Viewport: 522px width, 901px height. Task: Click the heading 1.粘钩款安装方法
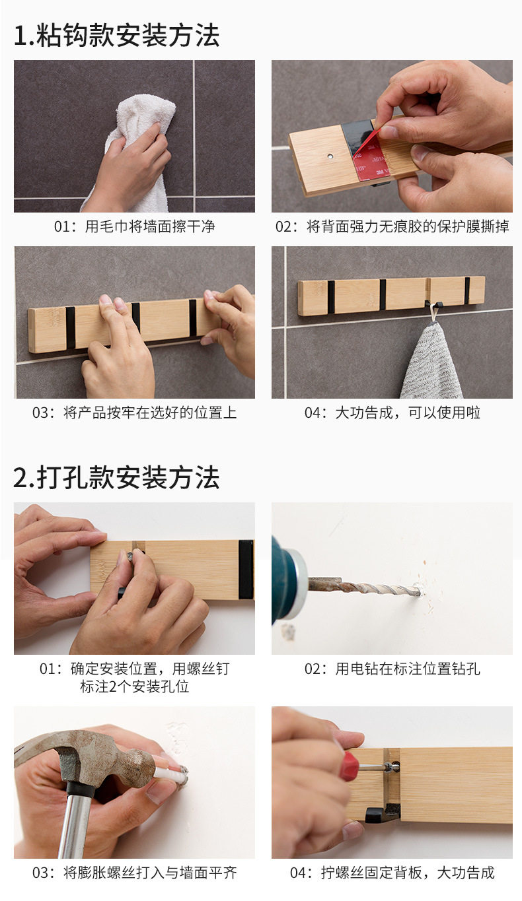coord(116,36)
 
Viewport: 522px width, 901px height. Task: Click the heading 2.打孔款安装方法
coord(116,477)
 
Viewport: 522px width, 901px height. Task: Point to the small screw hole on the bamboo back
coord(330,155)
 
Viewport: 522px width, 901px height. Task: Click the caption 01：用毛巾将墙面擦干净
coord(135,226)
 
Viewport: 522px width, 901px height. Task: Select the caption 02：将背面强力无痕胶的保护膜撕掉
coord(392,226)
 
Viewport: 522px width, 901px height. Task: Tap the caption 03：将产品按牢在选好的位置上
coord(135,413)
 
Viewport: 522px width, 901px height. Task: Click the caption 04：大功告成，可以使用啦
coord(392,413)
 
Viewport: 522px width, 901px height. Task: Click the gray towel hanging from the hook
coord(433,362)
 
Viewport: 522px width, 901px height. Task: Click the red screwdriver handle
coord(349,766)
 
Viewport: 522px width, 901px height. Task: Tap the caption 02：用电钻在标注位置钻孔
coord(392,669)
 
